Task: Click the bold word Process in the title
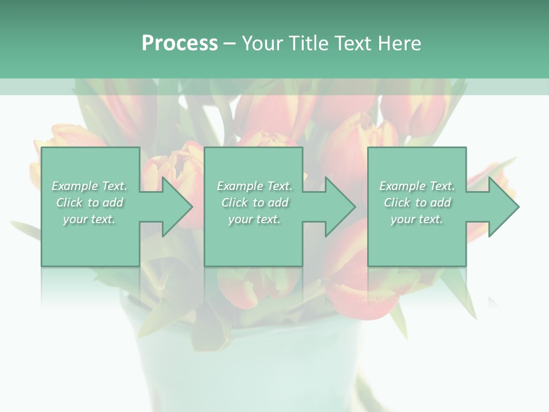(x=180, y=43)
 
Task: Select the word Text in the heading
(x=353, y=43)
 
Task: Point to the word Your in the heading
(x=262, y=43)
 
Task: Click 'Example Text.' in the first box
(x=89, y=186)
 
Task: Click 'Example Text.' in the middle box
(x=254, y=186)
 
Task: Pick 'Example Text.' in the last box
(x=417, y=186)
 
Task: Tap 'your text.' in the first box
(x=89, y=219)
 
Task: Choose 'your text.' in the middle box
(x=254, y=219)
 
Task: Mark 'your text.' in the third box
(x=417, y=219)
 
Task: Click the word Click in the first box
(x=69, y=203)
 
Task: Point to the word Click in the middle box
(x=234, y=203)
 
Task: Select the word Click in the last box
(x=397, y=203)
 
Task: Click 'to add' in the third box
(x=433, y=203)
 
